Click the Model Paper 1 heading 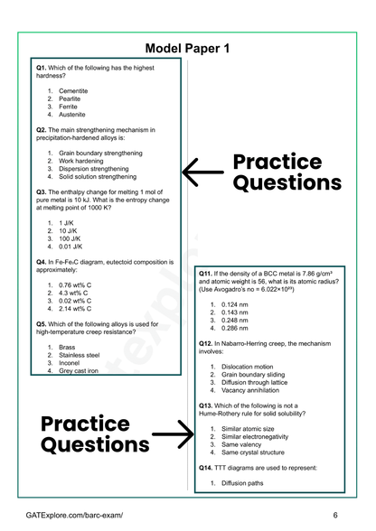pos(188,48)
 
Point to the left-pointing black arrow pos(202,170)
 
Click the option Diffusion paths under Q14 pos(243,483)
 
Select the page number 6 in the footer pos(335,514)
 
